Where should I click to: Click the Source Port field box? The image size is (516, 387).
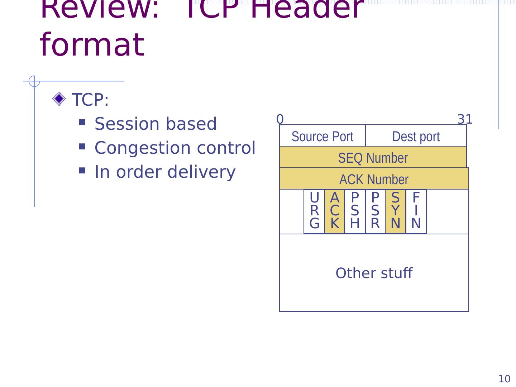[x=322, y=136]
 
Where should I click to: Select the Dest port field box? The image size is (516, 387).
[x=416, y=136]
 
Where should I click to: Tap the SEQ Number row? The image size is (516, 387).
[x=373, y=158]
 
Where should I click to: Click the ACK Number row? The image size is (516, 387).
[x=374, y=179]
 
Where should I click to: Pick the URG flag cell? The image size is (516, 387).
[x=314, y=211]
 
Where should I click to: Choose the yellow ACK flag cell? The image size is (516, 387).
[x=334, y=211]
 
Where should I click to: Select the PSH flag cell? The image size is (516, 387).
[x=355, y=211]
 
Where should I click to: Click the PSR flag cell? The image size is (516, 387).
[x=375, y=211]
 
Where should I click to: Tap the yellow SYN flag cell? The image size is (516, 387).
[x=395, y=211]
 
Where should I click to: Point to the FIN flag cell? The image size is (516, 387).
[x=416, y=211]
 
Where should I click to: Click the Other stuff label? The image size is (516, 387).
[x=374, y=273]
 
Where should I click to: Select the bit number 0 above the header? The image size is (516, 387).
[x=280, y=119]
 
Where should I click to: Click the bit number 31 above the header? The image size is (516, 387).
[x=465, y=119]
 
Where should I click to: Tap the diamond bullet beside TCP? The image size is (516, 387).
[x=59, y=99]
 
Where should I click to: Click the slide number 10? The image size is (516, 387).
[x=504, y=379]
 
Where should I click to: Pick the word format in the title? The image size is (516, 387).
[x=92, y=45]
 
